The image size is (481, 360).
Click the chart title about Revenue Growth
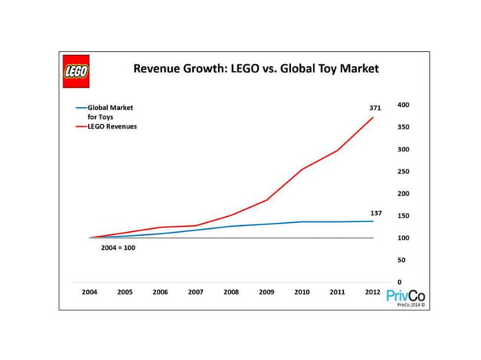click(256, 69)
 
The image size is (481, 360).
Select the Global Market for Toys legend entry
click(108, 112)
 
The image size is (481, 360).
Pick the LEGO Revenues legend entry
click(107, 127)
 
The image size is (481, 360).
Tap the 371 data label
click(375, 108)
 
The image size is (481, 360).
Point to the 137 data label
click(375, 213)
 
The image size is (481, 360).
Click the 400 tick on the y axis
click(403, 105)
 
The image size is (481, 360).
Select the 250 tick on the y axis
click(403, 172)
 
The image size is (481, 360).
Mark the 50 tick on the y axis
click(402, 260)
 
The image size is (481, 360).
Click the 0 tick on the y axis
click(400, 282)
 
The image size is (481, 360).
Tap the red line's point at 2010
click(302, 169)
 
